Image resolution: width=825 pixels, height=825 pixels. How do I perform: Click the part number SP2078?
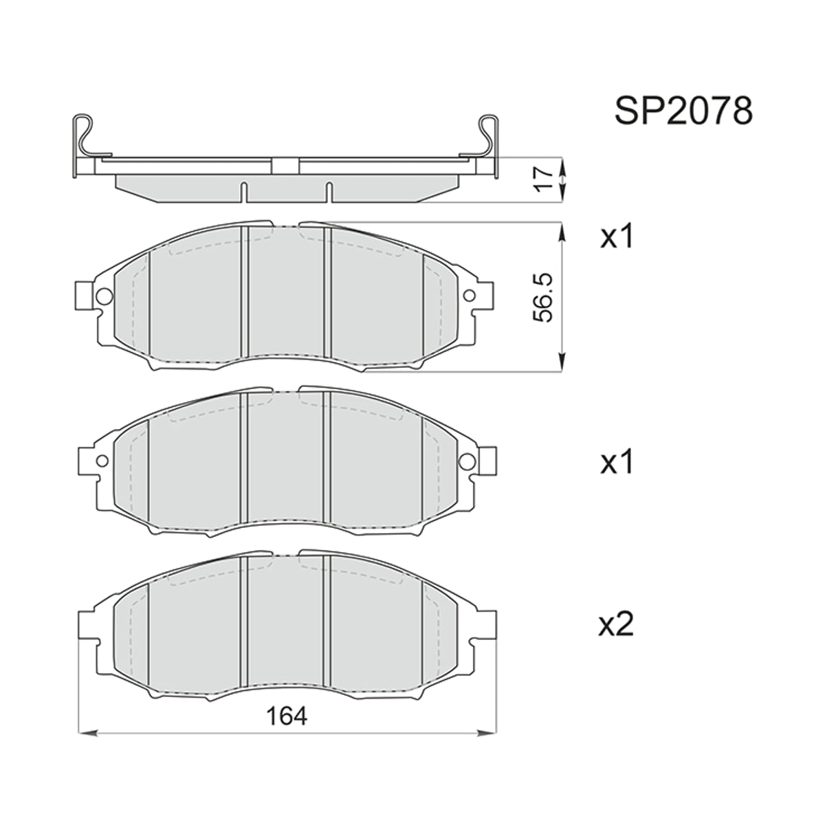coord(683,111)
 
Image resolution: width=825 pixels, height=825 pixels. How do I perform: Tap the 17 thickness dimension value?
coord(544,179)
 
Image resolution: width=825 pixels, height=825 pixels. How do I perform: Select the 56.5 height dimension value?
coord(543,298)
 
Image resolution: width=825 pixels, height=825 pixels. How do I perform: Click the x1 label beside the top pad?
coord(617,237)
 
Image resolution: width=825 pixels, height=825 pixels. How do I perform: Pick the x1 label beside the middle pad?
coord(617,463)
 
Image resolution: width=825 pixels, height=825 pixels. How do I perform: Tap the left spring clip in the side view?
coord(84,146)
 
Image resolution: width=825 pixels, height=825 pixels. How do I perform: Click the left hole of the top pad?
coord(104,296)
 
